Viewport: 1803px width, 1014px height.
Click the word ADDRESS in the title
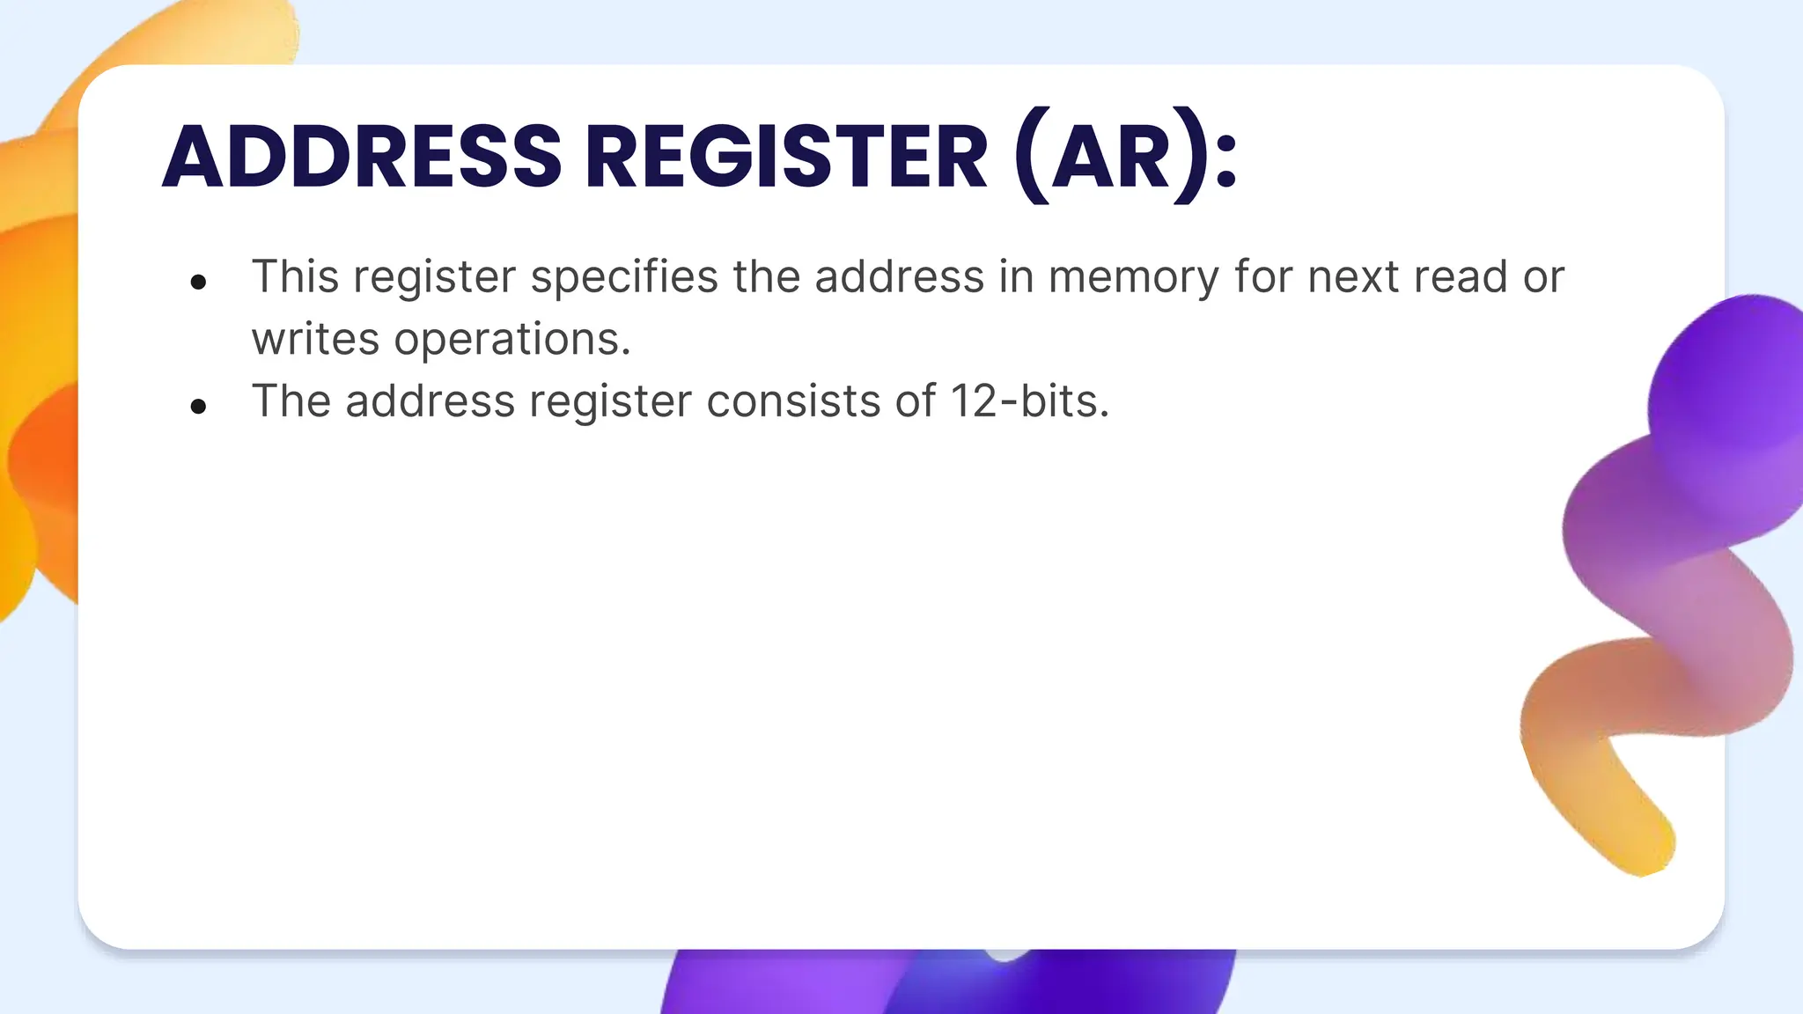[x=362, y=157]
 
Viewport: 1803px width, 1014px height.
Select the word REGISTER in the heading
[x=786, y=157]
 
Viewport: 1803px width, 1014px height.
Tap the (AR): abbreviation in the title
[x=1126, y=157]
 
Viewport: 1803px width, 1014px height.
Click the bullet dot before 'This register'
[x=198, y=282]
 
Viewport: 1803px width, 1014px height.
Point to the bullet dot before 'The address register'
[x=198, y=406]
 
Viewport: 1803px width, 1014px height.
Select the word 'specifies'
[x=624, y=278]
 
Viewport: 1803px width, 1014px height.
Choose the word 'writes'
[x=315, y=339]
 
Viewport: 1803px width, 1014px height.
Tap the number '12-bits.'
[x=1029, y=401]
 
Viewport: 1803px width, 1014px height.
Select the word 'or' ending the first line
[x=1543, y=278]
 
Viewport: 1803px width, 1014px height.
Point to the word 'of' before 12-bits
[x=916, y=401]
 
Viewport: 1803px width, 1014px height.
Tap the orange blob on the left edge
[x=35, y=396]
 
